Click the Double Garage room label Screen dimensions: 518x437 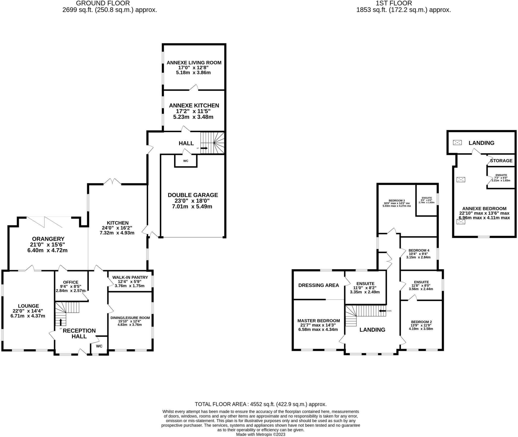click(193, 195)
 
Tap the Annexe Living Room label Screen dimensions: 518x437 click(194, 63)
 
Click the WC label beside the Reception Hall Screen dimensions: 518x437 click(99, 346)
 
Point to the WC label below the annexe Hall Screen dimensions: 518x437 click(186, 161)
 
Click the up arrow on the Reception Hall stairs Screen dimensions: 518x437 click(61, 322)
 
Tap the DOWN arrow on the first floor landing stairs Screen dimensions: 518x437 click(382, 311)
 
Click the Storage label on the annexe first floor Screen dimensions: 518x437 click(501, 161)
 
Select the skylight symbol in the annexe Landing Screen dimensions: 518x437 click(457, 143)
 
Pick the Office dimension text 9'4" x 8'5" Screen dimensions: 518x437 click(71, 287)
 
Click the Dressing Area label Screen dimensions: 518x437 click(318, 285)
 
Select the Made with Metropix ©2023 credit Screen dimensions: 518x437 click(261, 434)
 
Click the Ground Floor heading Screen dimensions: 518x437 click(103, 3)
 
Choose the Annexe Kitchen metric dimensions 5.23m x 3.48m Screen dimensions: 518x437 click(193, 117)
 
